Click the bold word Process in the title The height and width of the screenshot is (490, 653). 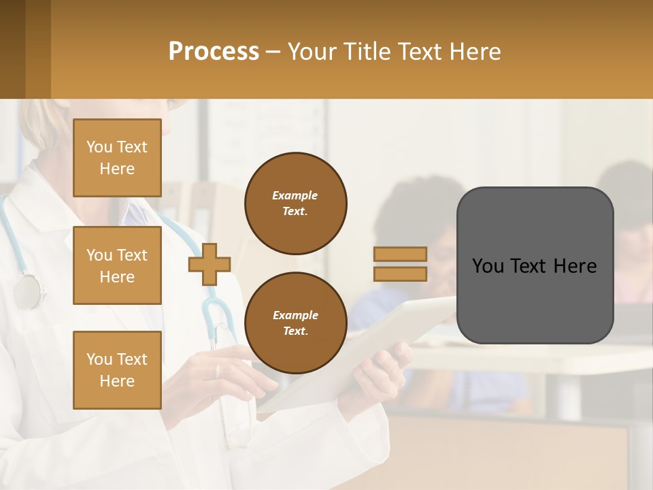[x=214, y=52]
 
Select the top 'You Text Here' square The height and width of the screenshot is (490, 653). [x=117, y=158]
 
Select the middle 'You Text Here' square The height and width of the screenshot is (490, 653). [x=117, y=265]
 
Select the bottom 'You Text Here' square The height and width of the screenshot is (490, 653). [x=117, y=370]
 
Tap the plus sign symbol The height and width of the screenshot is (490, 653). [x=210, y=265]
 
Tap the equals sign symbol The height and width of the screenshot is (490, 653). [x=400, y=264]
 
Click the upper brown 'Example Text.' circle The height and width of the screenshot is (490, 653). [x=296, y=203]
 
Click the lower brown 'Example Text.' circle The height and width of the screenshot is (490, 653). [x=296, y=323]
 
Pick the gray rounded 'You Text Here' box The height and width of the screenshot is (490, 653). [x=535, y=265]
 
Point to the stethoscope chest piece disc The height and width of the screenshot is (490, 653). [x=28, y=292]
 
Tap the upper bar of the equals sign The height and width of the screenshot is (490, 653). [x=400, y=255]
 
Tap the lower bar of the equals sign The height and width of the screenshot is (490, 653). [x=400, y=274]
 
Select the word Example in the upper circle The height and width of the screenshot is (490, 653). [x=295, y=195]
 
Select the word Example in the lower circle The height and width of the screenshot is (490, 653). [x=295, y=315]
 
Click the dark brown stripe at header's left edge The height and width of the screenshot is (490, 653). [x=12, y=49]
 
